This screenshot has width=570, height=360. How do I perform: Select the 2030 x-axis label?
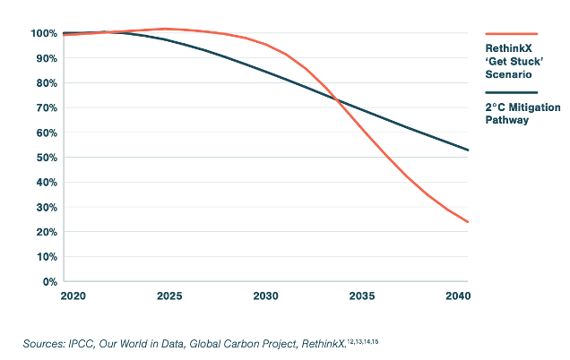(264, 296)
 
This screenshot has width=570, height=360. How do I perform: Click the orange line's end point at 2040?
(468, 222)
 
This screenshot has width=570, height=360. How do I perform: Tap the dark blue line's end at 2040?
(468, 150)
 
